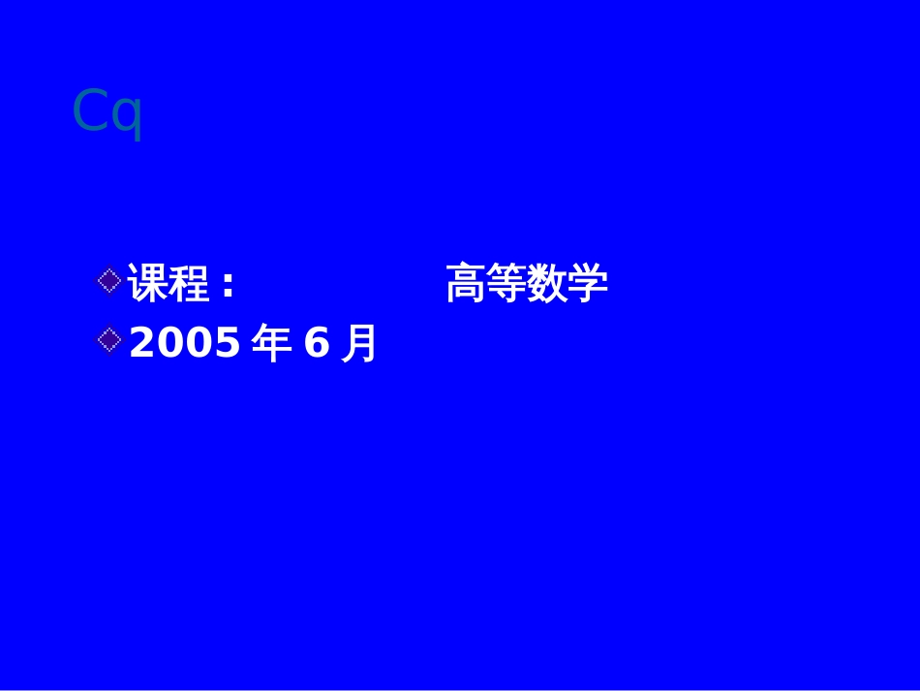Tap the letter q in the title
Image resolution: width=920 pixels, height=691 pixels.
point(125,116)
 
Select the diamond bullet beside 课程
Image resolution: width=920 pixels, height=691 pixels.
point(110,281)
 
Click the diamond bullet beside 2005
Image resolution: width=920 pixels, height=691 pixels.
point(110,338)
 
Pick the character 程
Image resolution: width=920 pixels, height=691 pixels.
point(189,284)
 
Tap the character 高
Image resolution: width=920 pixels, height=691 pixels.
point(466,284)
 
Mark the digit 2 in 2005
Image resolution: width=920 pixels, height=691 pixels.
point(142,343)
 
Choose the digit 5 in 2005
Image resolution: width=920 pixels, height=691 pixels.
point(228,343)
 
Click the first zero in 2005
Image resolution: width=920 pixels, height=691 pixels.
point(170,343)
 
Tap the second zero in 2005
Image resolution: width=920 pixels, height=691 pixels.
point(199,343)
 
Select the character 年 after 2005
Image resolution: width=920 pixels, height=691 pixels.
point(270,343)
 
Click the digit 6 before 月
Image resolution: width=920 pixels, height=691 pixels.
point(317,343)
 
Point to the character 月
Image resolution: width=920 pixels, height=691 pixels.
point(359,343)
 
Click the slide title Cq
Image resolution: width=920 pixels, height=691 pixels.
point(107,113)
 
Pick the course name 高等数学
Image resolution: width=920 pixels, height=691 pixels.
point(527,284)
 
